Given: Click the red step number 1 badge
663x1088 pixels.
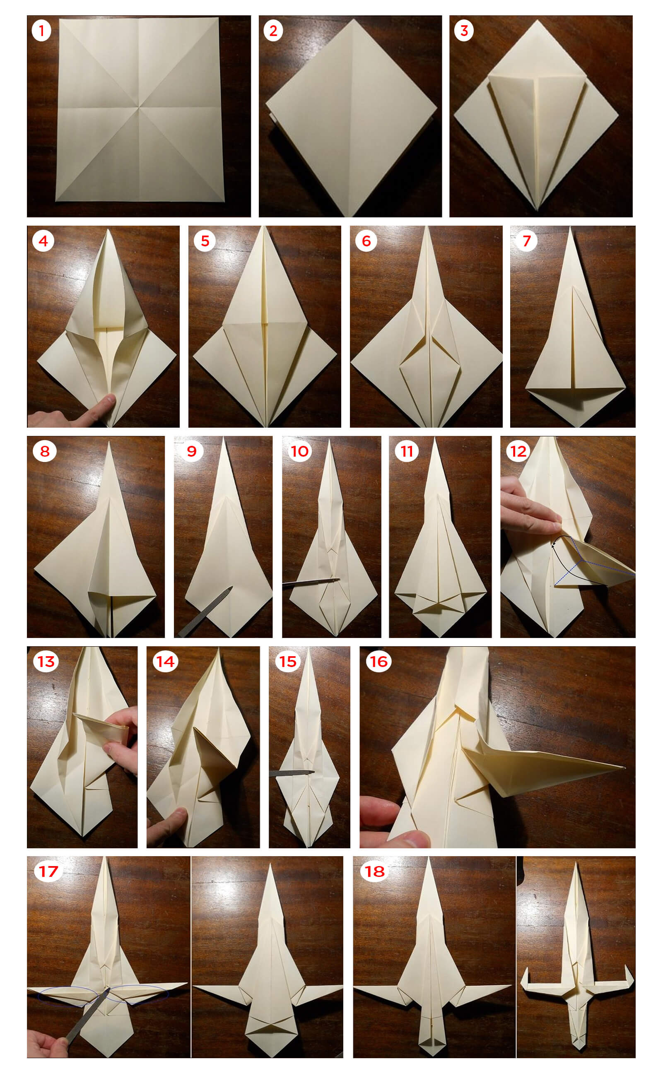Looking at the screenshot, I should tap(41, 31).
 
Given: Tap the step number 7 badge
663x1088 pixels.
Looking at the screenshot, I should tap(526, 241).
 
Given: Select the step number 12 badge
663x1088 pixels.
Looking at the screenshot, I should tap(518, 451).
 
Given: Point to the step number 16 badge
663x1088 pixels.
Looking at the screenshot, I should tap(379, 662).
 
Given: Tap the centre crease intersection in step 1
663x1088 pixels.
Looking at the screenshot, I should tap(139, 107).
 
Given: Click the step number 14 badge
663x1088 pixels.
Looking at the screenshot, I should tap(165, 662).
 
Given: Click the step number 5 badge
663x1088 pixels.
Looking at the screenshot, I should tap(205, 241).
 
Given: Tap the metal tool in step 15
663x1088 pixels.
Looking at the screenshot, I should tap(292, 773).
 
